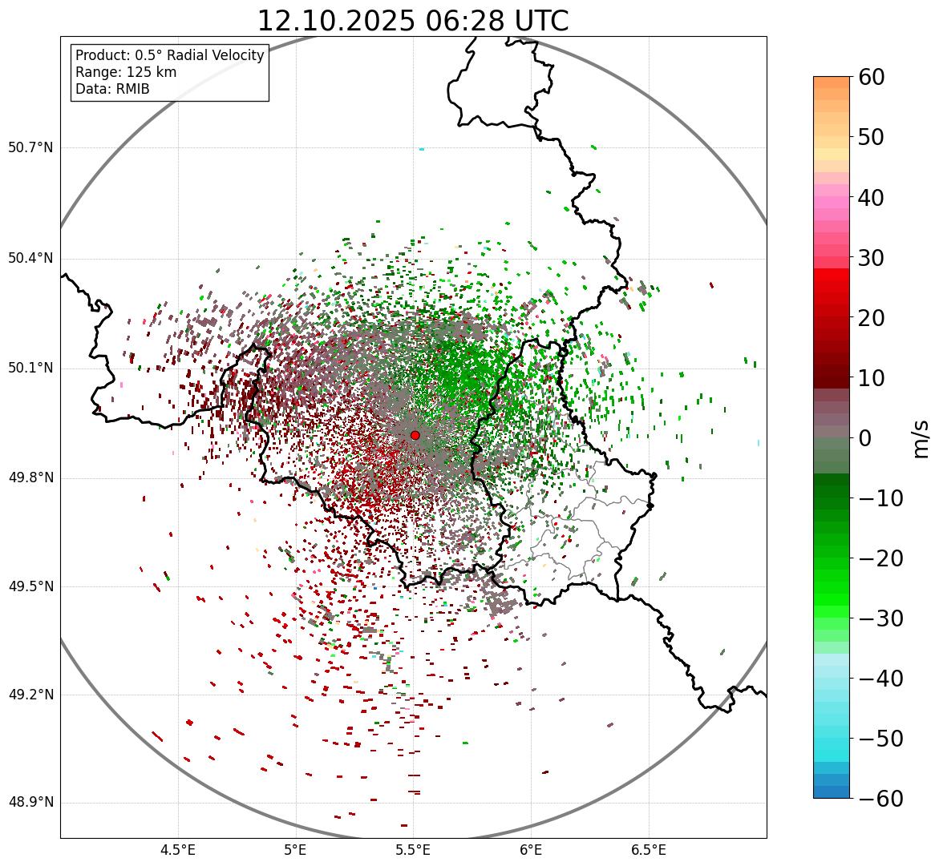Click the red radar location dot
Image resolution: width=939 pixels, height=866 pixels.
tap(415, 435)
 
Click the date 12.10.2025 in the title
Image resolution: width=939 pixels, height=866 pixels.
tap(335, 21)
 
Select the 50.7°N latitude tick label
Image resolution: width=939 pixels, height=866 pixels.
tap(30, 148)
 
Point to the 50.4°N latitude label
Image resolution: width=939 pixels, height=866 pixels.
tap(30, 258)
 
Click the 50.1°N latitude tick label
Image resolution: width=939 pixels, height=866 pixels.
tap(30, 369)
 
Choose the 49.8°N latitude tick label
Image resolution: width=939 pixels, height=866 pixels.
tap(30, 478)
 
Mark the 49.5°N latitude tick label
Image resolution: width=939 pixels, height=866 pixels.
tap(30, 586)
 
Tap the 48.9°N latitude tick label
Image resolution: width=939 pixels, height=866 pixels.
tap(30, 803)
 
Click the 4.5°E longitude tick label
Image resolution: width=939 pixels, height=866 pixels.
tap(178, 850)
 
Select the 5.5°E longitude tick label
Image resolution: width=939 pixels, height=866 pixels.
tap(413, 850)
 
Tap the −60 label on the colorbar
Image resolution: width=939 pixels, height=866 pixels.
tap(880, 799)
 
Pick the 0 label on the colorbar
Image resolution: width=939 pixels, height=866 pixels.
tap(865, 438)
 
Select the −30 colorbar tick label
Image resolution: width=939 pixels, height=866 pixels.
tap(880, 618)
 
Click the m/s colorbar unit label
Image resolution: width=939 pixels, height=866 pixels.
tap(921, 437)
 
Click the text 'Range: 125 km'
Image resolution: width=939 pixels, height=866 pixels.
tap(126, 72)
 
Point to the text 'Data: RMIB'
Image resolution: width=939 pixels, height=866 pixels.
tap(112, 89)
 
